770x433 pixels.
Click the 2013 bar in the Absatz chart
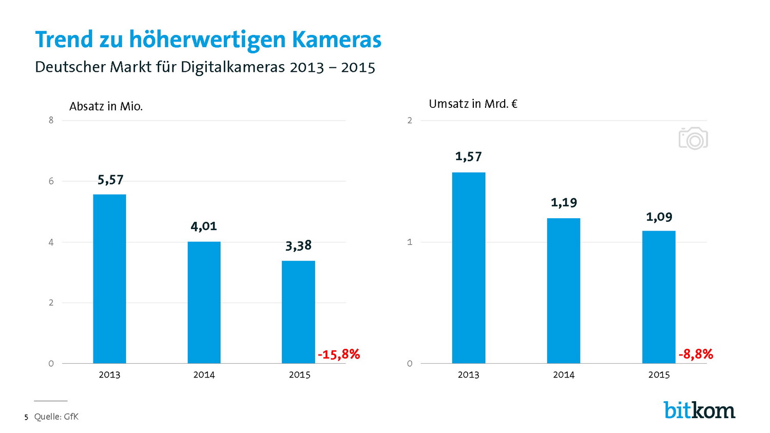pyautogui.click(x=109, y=278)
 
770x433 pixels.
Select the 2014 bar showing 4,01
pyautogui.click(x=204, y=302)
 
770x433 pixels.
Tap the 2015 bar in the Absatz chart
pyautogui.click(x=298, y=312)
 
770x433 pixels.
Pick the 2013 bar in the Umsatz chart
pyautogui.click(x=468, y=268)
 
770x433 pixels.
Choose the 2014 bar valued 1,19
pyautogui.click(x=563, y=291)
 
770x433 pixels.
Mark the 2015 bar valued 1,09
pyautogui.click(x=659, y=297)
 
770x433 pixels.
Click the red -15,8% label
pyautogui.click(x=339, y=354)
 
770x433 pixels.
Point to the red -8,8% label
pyautogui.click(x=696, y=354)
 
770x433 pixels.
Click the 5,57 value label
pyautogui.click(x=110, y=180)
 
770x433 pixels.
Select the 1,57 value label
pyautogui.click(x=468, y=157)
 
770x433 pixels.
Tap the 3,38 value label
pyautogui.click(x=298, y=246)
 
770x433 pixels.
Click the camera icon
pyautogui.click(x=693, y=139)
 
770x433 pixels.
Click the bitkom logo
pyautogui.click(x=699, y=410)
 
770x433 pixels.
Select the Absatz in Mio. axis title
pyautogui.click(x=106, y=107)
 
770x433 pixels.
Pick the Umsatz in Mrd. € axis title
pyautogui.click(x=473, y=104)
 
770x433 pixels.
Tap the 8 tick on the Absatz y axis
pyautogui.click(x=51, y=121)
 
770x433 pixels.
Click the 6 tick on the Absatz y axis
pyautogui.click(x=51, y=181)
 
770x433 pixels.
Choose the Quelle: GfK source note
pyautogui.click(x=56, y=417)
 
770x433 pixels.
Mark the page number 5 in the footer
pyautogui.click(x=26, y=418)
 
